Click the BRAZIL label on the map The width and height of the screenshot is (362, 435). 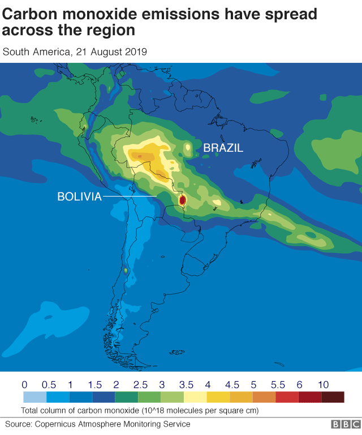click(x=223, y=148)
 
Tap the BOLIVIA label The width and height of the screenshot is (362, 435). click(x=79, y=197)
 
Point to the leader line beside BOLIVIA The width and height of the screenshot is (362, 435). click(x=130, y=197)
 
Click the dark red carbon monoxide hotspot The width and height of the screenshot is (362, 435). click(x=182, y=201)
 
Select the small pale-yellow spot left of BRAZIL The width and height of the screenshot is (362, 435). click(x=187, y=149)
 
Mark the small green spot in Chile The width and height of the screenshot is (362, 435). click(x=126, y=271)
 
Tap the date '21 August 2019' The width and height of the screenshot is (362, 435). click(x=110, y=52)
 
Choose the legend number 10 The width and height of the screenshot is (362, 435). click(x=324, y=385)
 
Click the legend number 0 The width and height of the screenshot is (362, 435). click(x=24, y=385)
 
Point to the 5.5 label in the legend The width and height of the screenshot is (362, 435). click(x=277, y=385)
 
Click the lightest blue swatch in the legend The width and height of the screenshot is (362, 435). click(x=35, y=398)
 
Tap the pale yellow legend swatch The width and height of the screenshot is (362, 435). click(x=195, y=398)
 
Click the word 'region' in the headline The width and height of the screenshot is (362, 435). click(x=113, y=29)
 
